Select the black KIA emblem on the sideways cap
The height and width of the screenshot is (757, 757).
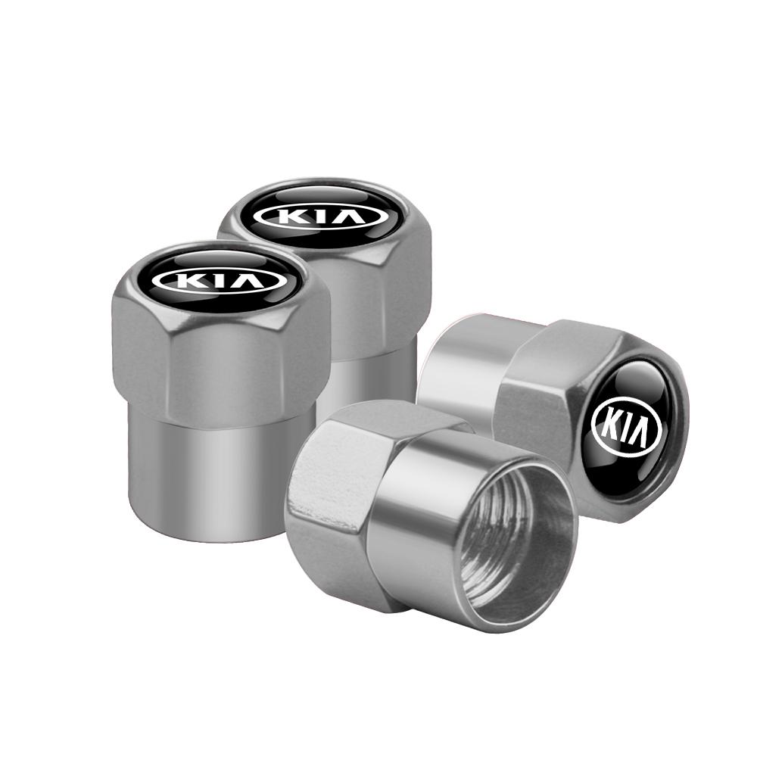pyautogui.click(x=627, y=425)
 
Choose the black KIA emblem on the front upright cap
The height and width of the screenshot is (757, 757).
pyautogui.click(x=219, y=282)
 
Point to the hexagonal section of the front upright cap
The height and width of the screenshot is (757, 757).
pyautogui.click(x=220, y=363)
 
